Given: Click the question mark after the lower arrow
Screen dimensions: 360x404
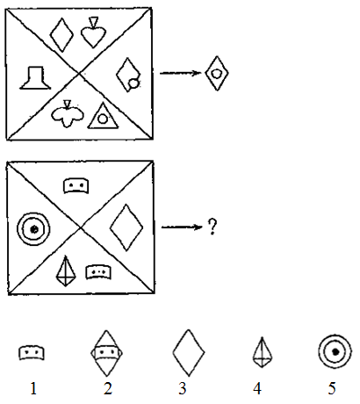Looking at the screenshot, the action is [x=212, y=227].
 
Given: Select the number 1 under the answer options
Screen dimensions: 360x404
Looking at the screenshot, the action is [x=33, y=389].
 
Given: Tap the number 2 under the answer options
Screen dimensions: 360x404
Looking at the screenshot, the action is [x=108, y=389].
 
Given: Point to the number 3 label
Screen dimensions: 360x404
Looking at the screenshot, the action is [x=183, y=389].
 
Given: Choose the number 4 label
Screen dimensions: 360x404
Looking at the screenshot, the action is [x=257, y=389].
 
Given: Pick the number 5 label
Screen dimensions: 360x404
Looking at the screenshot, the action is [x=332, y=389].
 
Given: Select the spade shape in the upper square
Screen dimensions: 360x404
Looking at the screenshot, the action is [x=93, y=32].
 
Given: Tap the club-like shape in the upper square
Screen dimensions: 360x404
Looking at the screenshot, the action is [x=68, y=115].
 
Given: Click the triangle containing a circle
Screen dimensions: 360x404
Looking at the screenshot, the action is [x=103, y=116].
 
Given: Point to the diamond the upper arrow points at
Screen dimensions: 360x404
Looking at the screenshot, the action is [x=217, y=74].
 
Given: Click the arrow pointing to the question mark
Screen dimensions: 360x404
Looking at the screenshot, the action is [x=182, y=227].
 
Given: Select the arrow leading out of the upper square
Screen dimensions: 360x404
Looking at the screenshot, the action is [x=180, y=73].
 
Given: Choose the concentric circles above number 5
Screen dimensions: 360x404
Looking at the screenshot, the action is [x=335, y=351].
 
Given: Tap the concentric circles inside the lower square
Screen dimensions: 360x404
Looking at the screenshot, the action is [x=33, y=229].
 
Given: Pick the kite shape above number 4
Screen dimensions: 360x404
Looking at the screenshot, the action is [x=263, y=352].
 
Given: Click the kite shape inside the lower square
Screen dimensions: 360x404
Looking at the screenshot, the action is [x=66, y=271].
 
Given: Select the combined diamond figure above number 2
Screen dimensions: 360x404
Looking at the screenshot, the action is [x=106, y=353].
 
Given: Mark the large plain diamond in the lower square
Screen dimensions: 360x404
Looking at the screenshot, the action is [x=126, y=227].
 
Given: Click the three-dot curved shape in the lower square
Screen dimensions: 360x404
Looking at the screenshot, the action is [x=98, y=272].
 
